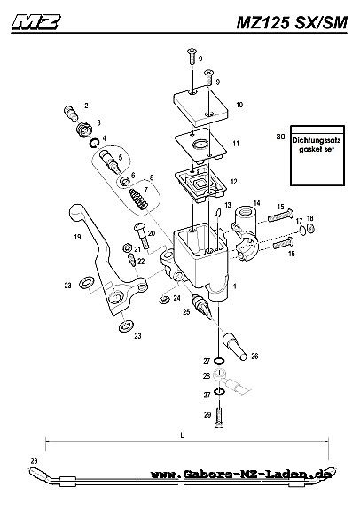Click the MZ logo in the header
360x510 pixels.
tap(35, 22)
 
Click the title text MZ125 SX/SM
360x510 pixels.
tap(292, 22)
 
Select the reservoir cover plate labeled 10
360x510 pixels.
tap(200, 106)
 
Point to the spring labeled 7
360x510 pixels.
tap(138, 199)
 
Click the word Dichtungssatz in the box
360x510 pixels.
tap(316, 140)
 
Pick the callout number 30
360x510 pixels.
tap(280, 137)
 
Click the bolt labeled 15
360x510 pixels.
tap(280, 216)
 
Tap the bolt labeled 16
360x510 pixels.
tap(285, 243)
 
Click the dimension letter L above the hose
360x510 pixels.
tap(183, 435)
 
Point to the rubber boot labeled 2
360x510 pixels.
tap(70, 113)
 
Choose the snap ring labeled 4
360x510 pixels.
tap(94, 143)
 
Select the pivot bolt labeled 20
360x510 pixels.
tap(142, 234)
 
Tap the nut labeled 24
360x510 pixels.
tap(165, 299)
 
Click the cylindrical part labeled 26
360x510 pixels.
tap(235, 348)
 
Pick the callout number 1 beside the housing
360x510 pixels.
tap(235, 286)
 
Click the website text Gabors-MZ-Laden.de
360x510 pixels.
tap(241, 474)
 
